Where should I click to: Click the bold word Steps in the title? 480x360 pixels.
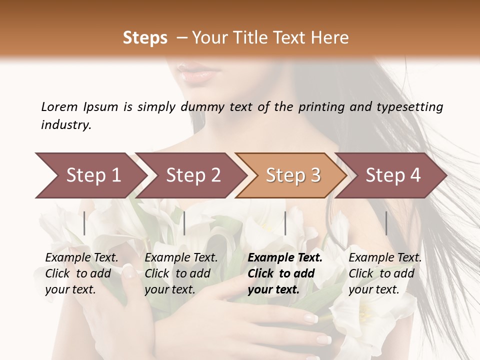145,38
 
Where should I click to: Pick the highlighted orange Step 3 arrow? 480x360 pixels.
293,175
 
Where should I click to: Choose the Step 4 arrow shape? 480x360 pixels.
393,175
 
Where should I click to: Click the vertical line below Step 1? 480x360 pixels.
84,223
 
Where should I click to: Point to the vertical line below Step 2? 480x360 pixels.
184,223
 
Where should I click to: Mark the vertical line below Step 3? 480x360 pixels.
285,223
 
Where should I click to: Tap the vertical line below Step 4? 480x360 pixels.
386,223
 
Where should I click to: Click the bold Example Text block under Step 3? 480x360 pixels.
285,273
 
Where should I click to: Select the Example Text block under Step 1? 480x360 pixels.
81,273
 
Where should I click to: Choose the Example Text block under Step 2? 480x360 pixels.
181,273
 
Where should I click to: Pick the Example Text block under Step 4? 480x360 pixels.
385,273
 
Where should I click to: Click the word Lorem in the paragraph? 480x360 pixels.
59,107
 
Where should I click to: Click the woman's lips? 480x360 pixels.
197,75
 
